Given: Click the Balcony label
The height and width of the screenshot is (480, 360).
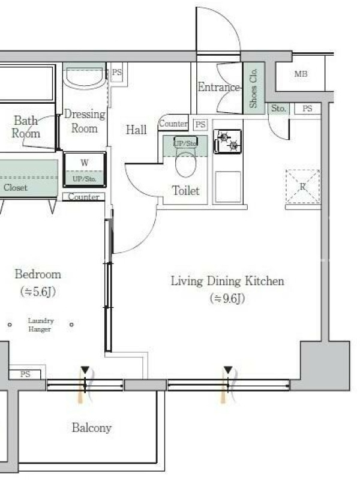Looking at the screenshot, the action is pos(92,428).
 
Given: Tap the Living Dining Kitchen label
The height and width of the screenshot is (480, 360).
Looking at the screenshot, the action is pos(227,281).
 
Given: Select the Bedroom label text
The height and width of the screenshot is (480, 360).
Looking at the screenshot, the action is pos(38,274).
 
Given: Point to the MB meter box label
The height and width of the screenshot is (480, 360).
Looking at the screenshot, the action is pos(301,74).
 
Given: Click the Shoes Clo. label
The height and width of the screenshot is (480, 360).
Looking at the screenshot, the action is pos(253,88).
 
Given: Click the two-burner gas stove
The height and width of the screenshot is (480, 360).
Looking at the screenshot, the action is pos(228,142).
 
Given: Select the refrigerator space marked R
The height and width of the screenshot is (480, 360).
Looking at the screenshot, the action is pos(303,187).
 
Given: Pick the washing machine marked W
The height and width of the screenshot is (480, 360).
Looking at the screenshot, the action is pos(85,169).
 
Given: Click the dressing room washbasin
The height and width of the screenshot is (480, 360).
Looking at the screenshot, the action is pos(85,78).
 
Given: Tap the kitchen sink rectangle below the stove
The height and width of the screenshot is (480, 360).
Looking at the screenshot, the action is pos(228,187).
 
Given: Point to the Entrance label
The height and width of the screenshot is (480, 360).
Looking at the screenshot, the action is pos(218,87).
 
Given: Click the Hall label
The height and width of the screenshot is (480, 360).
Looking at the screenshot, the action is pos(136,130).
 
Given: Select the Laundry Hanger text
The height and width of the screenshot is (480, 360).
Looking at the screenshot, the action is pos(41,325).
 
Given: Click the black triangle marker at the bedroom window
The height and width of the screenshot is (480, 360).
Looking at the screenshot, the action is pos(85,370).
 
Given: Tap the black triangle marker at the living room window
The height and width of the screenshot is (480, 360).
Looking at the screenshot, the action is pos(228,370).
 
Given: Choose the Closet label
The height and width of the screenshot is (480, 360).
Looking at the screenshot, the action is pos(16,187).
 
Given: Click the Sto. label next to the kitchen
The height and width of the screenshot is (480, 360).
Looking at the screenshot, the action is pos(278,108).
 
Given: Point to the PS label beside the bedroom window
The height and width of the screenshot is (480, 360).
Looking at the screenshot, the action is pos(25,374).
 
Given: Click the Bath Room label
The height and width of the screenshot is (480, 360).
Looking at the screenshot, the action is pos(26,127).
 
